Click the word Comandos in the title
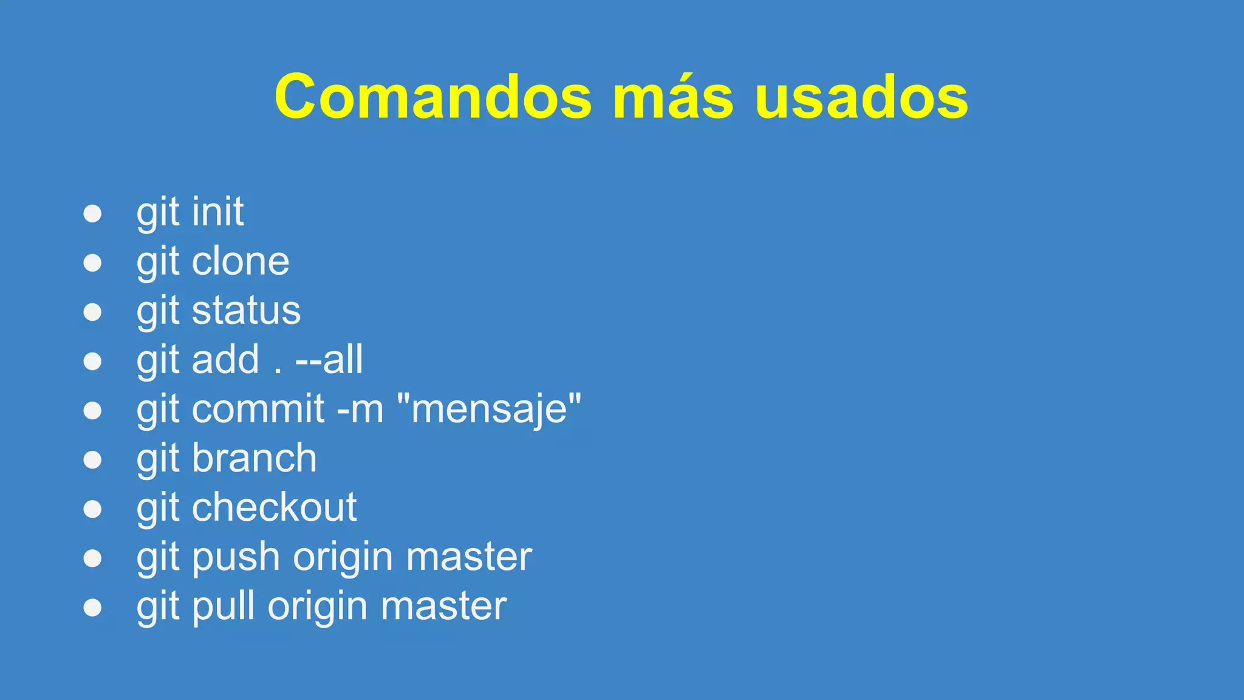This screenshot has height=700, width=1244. pos(432,97)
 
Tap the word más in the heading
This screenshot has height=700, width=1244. pos(673,97)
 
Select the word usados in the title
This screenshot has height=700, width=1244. pos(861,97)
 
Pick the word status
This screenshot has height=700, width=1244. pos(246,311)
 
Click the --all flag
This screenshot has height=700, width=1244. pos(329,360)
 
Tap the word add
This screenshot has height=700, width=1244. pos(225,360)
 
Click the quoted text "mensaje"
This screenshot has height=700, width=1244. pos(489,409)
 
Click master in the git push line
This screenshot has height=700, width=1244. pos(469,557)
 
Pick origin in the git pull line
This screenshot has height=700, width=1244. pos(317,606)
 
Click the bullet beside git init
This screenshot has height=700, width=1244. pos(92,213)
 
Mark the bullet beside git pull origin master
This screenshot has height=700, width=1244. pos(92,608)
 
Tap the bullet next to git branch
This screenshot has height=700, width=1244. pos(92,460)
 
